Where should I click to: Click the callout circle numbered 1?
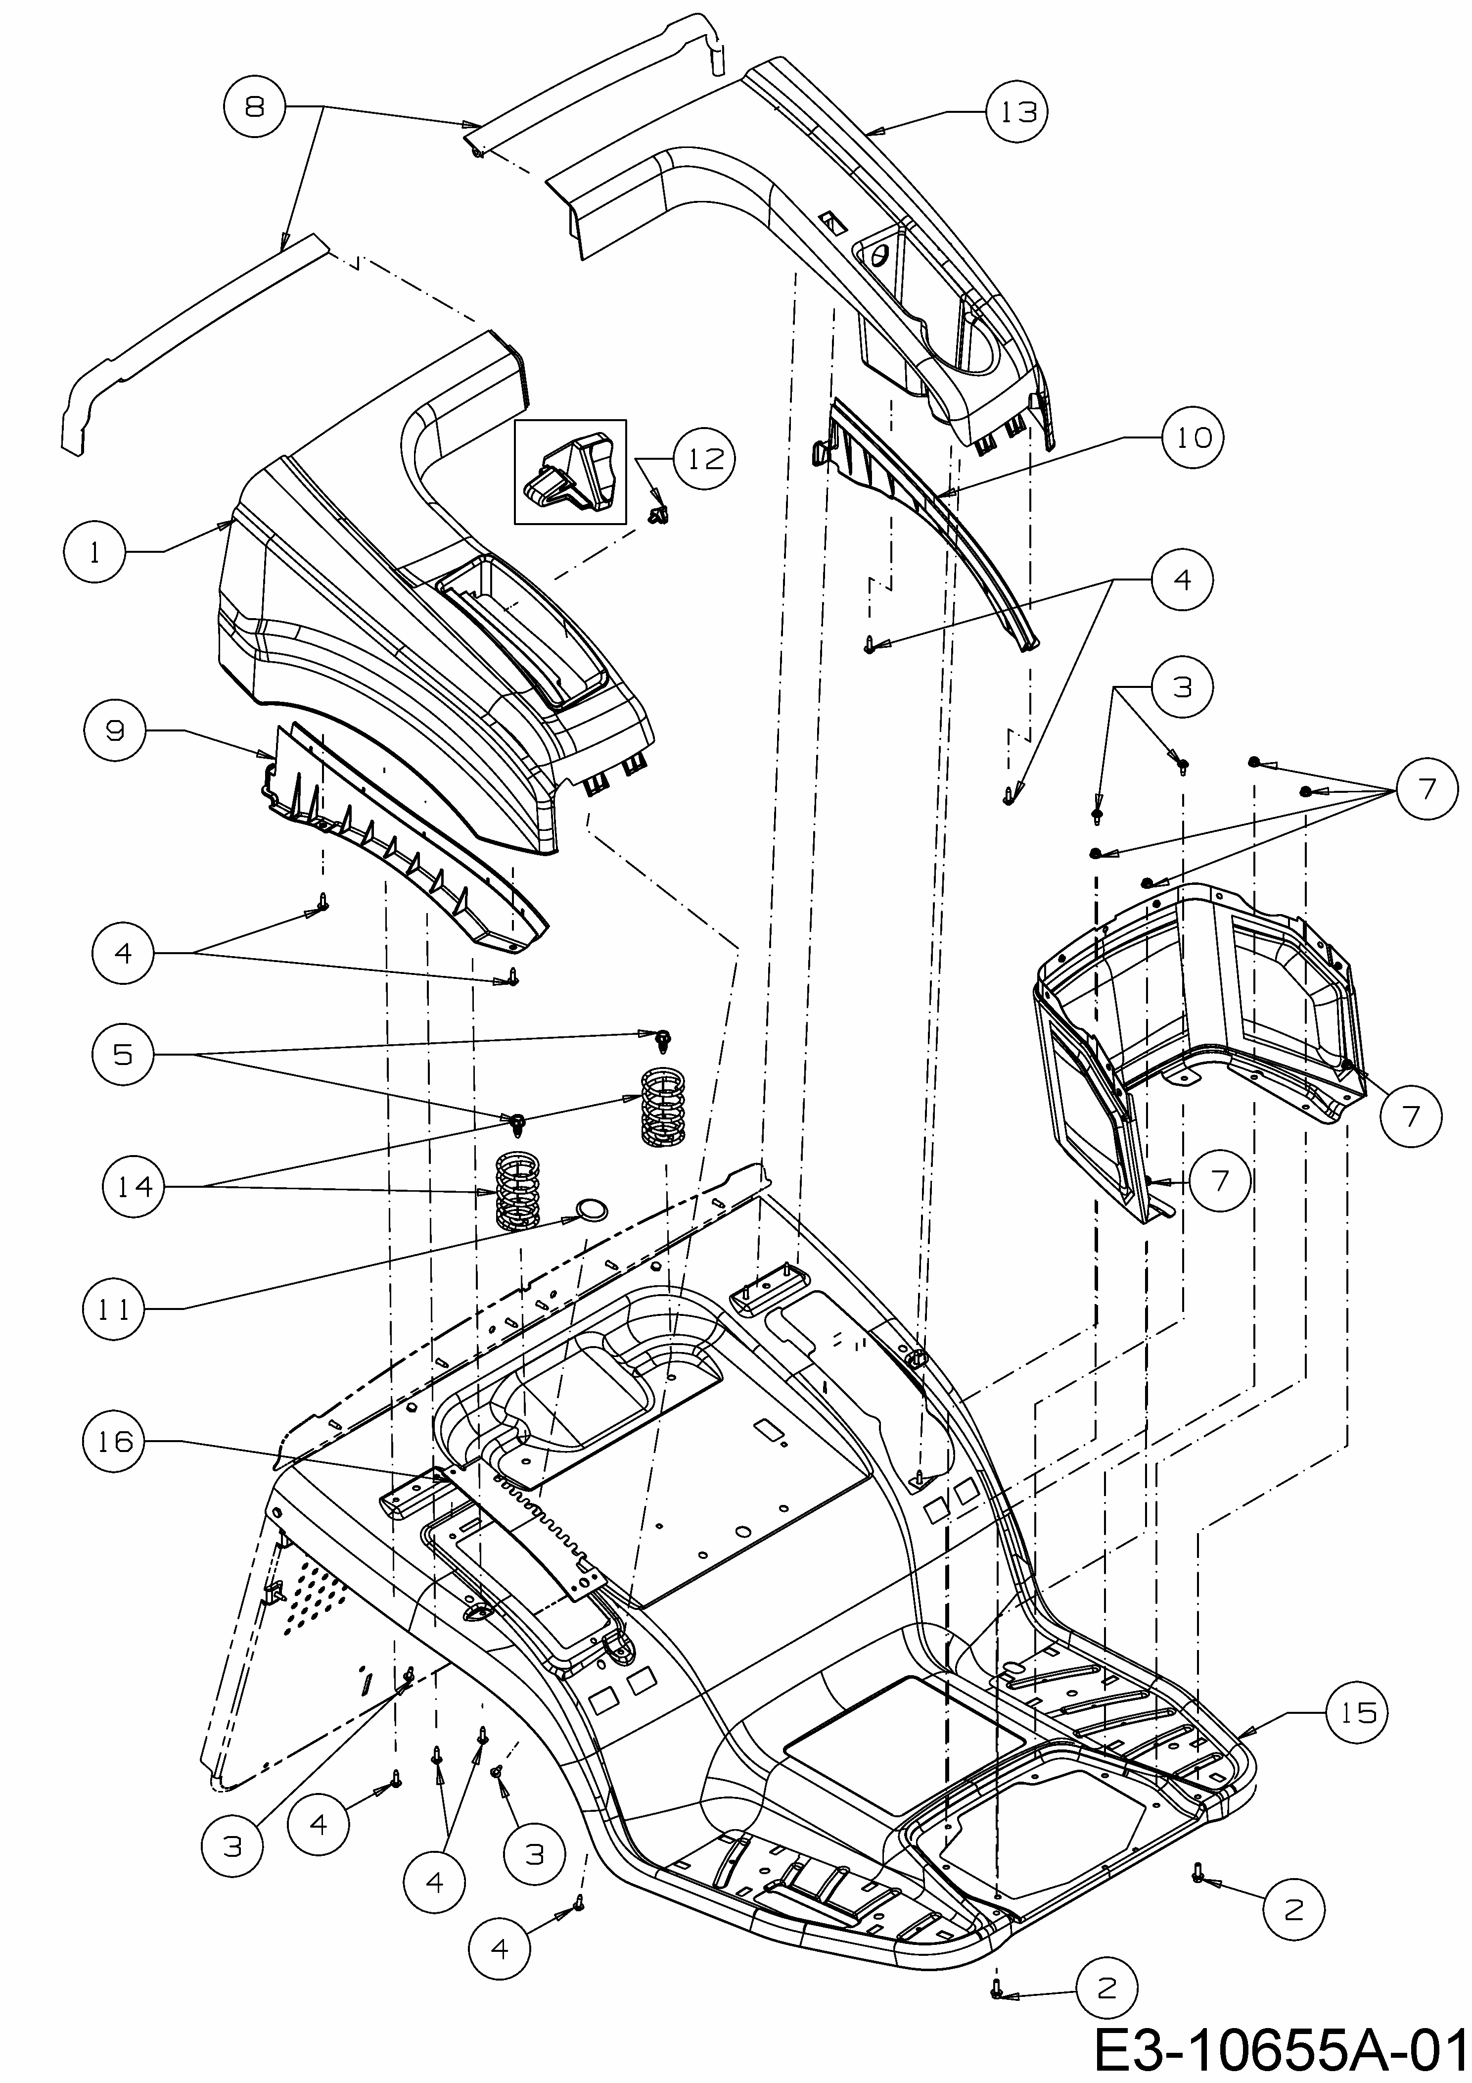tap(96, 552)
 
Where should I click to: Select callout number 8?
tap(255, 107)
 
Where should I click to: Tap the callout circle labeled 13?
tap(1017, 111)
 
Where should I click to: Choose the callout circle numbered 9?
tap(115, 731)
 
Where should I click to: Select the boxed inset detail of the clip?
tap(570, 472)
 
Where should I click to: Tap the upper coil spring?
tap(663, 1106)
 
